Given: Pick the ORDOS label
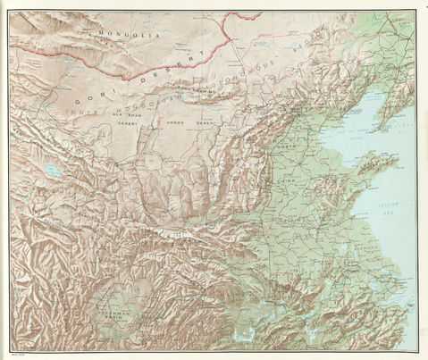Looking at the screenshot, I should coord(177,121).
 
